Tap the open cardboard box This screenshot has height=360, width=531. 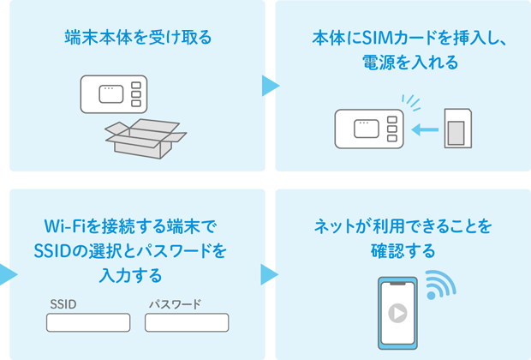(145, 137)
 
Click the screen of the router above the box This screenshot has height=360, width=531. (111, 93)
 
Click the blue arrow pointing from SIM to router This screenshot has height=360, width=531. (424, 130)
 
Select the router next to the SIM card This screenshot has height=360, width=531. (367, 129)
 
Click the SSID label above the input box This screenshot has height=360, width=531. (63, 304)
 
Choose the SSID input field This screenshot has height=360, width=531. (88, 323)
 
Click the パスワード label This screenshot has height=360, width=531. (175, 304)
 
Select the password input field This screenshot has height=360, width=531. (187, 323)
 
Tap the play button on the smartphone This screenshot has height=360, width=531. (397, 312)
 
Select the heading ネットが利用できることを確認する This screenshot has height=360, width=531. (398, 239)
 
